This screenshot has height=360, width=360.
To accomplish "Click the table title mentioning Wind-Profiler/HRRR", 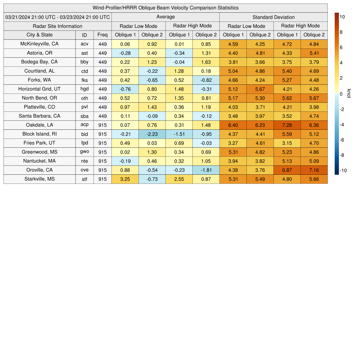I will [x=166, y=8].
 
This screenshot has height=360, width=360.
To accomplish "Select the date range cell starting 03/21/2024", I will [x=58, y=17].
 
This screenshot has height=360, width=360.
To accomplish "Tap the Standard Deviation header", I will [x=274, y=17].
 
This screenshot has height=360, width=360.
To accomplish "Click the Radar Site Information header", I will [x=58, y=26].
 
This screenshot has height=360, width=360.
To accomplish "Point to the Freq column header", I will [x=103, y=35].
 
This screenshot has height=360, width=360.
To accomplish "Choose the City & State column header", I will [x=40, y=35].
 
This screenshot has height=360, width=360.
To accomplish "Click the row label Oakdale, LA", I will [x=40, y=125].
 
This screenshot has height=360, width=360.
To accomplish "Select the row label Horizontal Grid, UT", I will [x=40, y=89].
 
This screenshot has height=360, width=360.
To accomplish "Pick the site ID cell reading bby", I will [x=84, y=62].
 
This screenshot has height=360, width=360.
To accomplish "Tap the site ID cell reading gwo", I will [x=84, y=152].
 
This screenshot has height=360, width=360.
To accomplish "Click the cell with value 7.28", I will [x=287, y=125].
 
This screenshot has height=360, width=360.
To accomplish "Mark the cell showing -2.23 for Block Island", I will [x=152, y=134].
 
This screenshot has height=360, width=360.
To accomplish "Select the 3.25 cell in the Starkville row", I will [x=125, y=179].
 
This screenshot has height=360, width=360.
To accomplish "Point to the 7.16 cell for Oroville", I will [x=314, y=170].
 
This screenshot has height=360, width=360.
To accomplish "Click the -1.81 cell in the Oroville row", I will [x=206, y=170].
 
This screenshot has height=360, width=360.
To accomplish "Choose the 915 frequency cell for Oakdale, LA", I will [x=103, y=125].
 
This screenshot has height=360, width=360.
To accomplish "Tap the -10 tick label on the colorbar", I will [x=343, y=171].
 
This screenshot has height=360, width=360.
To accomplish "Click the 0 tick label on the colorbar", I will [x=341, y=94].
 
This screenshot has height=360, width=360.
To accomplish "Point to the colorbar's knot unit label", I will [x=349, y=94].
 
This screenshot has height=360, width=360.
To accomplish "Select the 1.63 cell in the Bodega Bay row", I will [x=206, y=62].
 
